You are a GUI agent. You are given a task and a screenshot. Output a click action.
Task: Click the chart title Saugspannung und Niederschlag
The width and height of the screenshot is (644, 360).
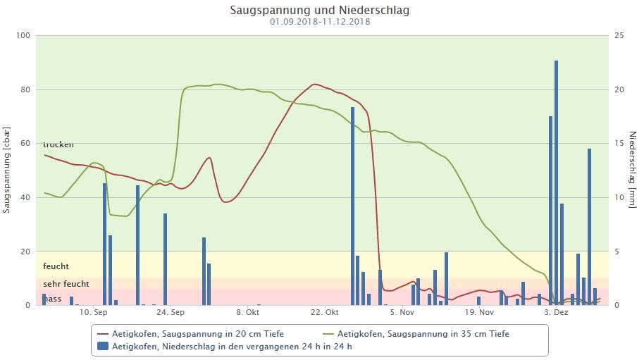319,10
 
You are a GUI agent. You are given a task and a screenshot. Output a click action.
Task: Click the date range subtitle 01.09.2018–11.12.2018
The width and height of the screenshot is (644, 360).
319,22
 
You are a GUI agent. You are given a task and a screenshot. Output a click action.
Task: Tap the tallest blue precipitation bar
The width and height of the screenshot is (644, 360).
556,182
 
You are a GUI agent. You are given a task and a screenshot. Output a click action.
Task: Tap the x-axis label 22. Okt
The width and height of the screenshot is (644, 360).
325,312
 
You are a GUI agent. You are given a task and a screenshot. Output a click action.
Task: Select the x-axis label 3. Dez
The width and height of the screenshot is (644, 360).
556,312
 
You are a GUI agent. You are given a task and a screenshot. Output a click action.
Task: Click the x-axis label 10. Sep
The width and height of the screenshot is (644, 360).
93,312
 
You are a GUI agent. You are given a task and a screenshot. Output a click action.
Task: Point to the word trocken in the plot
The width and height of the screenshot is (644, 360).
58,145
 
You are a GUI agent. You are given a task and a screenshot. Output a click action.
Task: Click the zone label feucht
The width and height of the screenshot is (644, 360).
56,266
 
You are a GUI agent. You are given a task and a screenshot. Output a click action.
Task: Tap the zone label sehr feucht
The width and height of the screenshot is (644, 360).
66,284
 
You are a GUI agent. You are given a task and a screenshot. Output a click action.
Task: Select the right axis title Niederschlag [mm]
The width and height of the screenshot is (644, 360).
633,170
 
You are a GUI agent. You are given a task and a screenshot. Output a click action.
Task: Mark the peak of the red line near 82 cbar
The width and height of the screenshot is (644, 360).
315,85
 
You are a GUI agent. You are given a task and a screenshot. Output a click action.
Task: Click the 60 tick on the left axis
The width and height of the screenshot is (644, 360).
26,144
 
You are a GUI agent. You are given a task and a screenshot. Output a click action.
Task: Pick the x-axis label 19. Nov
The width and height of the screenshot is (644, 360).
480,312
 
